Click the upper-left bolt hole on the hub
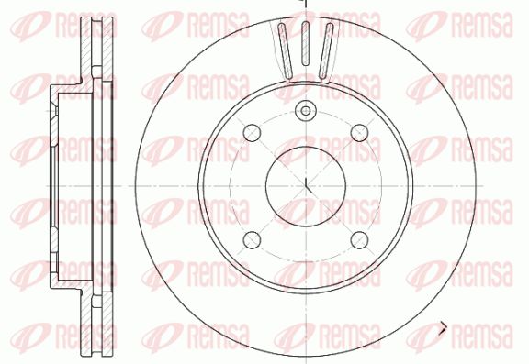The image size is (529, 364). click(x=252, y=133)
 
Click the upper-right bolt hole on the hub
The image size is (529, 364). click(x=359, y=133)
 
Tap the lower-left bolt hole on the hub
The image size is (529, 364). click(x=252, y=240)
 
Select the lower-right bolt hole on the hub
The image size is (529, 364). click(x=359, y=240)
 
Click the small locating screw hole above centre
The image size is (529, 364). click(x=306, y=110)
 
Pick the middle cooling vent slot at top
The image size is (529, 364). click(x=305, y=43)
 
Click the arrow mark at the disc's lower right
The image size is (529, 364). click(x=443, y=328)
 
